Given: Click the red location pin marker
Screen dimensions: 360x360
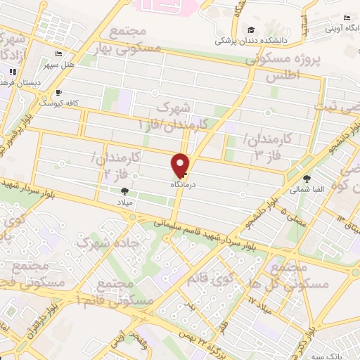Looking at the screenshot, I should pyautogui.click(x=181, y=165).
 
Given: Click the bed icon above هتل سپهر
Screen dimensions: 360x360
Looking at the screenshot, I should pyautogui.click(x=58, y=53).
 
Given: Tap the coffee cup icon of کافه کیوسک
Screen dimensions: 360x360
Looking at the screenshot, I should pyautogui.click(x=58, y=92).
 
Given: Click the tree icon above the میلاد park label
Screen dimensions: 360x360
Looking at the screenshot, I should pyautogui.click(x=124, y=191).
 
